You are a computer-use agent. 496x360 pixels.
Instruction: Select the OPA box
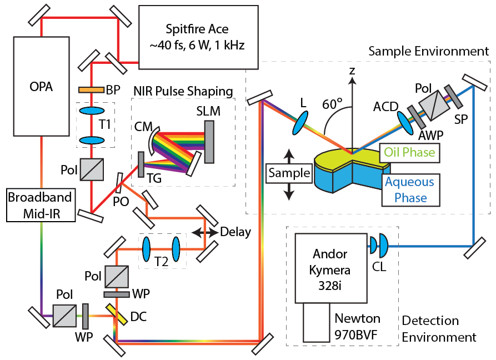(42, 87)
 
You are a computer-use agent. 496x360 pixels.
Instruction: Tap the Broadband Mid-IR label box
(39, 204)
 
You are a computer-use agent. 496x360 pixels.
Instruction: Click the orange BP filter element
(91, 89)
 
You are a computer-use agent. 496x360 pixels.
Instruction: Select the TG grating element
(141, 164)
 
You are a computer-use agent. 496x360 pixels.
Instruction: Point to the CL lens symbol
(377, 243)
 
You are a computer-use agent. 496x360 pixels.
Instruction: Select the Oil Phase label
(407, 152)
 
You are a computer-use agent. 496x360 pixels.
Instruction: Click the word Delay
(235, 232)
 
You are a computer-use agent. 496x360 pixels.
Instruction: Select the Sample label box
(288, 173)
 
